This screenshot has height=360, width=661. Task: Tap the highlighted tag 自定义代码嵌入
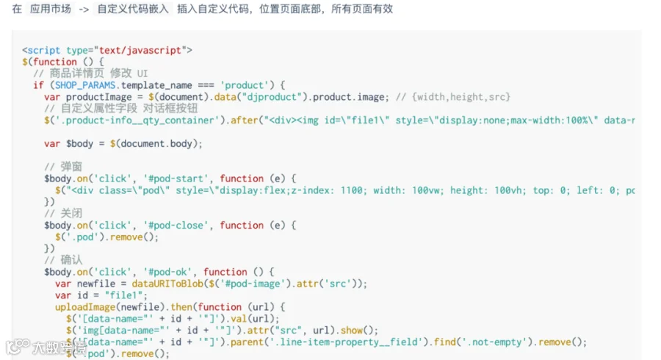click(132, 10)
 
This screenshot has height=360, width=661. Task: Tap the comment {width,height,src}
click(461, 97)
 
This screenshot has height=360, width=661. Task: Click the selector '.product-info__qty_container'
click(136, 120)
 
